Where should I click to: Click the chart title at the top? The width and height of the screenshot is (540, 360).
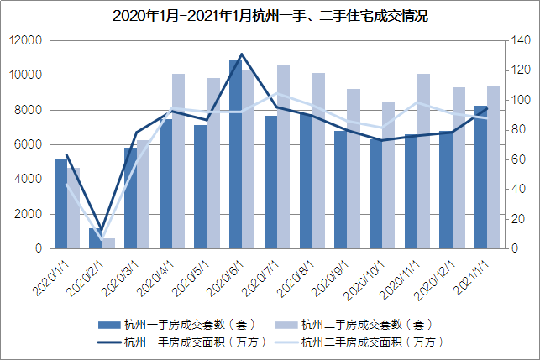(270, 16)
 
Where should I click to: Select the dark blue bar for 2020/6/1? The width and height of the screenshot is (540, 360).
(236, 154)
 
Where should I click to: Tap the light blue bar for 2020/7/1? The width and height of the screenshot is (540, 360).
(283, 157)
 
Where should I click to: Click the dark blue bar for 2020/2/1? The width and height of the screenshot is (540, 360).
(96, 238)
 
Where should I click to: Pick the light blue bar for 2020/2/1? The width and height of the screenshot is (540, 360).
(108, 243)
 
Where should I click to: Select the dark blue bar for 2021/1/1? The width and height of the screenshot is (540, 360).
(480, 177)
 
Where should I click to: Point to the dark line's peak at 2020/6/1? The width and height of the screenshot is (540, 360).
(242, 54)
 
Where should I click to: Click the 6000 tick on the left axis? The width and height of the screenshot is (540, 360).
(29, 144)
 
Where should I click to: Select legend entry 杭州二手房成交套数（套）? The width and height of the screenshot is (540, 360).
(366, 324)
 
